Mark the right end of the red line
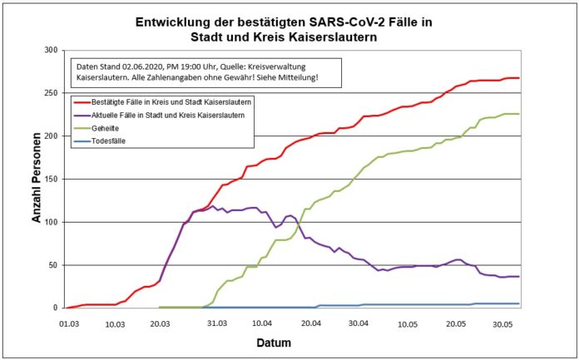pos(518,78)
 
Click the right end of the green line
pos(518,114)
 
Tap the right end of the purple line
pos(518,276)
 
